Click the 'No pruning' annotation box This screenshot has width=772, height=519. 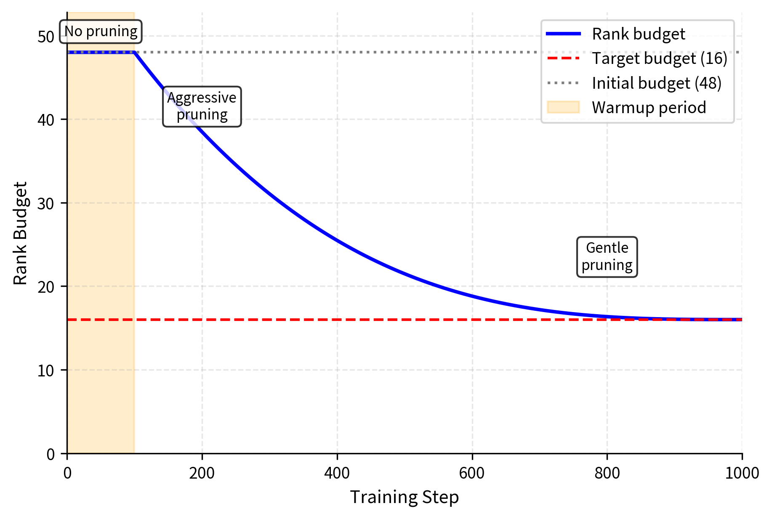click(x=101, y=32)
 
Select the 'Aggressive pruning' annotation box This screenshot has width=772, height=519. click(x=202, y=106)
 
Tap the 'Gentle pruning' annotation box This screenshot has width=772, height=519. click(x=607, y=257)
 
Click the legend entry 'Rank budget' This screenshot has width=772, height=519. click(x=638, y=34)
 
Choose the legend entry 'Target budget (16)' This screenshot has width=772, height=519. click(x=659, y=58)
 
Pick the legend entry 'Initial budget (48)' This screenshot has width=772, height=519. click(x=656, y=83)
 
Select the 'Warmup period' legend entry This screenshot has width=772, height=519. click(x=649, y=108)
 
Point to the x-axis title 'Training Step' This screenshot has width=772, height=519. click(x=404, y=497)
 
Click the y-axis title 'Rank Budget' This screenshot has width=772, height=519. click(x=20, y=233)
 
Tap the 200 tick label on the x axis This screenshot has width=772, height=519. click(x=202, y=474)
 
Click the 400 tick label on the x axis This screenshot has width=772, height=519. click(x=337, y=474)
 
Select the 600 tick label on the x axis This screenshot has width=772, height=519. click(x=472, y=474)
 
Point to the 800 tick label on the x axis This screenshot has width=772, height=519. click(x=607, y=474)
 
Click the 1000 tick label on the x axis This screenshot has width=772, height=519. click(x=742, y=474)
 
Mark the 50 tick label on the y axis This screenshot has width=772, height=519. click(x=46, y=37)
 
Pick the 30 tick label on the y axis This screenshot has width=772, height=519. click(x=46, y=204)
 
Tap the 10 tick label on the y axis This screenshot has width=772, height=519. click(x=46, y=371)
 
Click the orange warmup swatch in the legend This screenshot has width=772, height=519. click(x=563, y=107)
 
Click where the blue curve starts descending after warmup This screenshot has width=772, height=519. click(x=134, y=52)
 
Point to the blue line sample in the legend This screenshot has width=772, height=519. click(x=563, y=34)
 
